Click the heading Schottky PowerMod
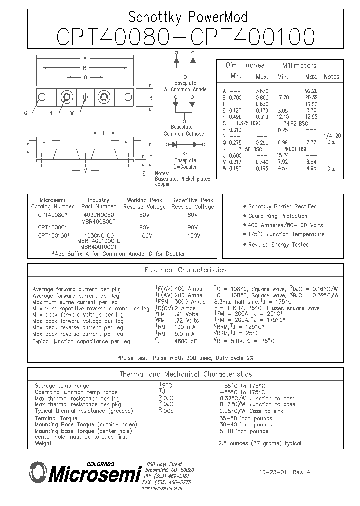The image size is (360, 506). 188,18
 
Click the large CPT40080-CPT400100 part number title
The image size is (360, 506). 186,37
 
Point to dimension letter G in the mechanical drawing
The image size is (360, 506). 86,77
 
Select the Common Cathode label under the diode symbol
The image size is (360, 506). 184,134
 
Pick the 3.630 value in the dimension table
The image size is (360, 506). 262,91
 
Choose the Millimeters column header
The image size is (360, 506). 299,66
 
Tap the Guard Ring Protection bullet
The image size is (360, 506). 277,216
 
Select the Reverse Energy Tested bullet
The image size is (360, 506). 278,245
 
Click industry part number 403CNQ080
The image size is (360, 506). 98,214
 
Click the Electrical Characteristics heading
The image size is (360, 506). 185,270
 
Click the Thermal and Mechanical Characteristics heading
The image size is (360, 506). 185,374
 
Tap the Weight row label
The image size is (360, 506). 43,443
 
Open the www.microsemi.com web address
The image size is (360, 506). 162,488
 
